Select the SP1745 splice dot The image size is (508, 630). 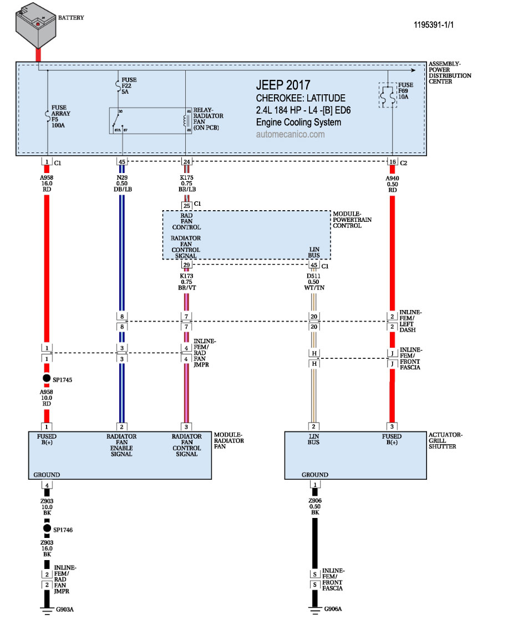pyautogui.click(x=47, y=379)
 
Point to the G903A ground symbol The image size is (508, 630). pyautogui.click(x=47, y=609)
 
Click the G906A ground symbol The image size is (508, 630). pyautogui.click(x=314, y=609)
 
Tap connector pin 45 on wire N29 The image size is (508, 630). pyautogui.click(x=121, y=162)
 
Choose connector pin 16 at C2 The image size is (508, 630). pyautogui.click(x=392, y=162)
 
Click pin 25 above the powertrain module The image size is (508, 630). pyautogui.click(x=186, y=205)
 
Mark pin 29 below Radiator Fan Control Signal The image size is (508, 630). pyautogui.click(x=186, y=265)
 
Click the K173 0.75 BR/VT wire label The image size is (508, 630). pyautogui.click(x=186, y=281)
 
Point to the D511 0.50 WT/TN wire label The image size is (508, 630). pyautogui.click(x=314, y=281)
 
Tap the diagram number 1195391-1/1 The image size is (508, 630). pyautogui.click(x=438, y=25)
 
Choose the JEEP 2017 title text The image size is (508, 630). pyautogui.click(x=283, y=85)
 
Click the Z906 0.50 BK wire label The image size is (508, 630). pyautogui.click(x=314, y=506)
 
